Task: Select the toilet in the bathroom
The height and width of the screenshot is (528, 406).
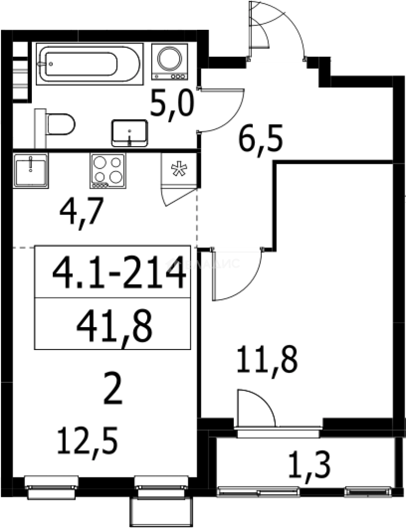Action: tap(59, 125)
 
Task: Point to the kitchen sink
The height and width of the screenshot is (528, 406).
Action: tap(31, 170)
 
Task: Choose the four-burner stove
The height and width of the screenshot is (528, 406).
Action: tap(107, 171)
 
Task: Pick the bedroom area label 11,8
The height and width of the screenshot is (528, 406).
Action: tap(267, 361)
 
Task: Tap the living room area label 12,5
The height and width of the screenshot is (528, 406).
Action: tap(88, 440)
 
